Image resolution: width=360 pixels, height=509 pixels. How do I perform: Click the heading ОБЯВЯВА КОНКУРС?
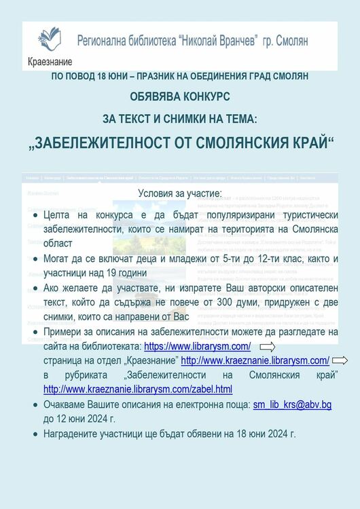tap(180, 96)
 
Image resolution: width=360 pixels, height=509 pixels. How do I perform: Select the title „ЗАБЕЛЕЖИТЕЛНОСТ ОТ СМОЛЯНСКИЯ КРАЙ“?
tap(180, 145)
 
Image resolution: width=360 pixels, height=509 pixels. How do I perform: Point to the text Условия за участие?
tap(179, 193)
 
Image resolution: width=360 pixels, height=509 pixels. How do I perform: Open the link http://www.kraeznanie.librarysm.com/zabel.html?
tap(138, 389)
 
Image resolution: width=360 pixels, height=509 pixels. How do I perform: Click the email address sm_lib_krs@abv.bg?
tap(292, 404)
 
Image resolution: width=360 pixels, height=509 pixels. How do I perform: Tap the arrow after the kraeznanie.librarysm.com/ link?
tap(340, 360)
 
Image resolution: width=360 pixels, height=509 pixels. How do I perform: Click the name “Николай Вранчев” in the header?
tap(217, 41)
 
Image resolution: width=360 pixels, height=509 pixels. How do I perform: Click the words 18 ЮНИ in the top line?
tap(115, 76)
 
